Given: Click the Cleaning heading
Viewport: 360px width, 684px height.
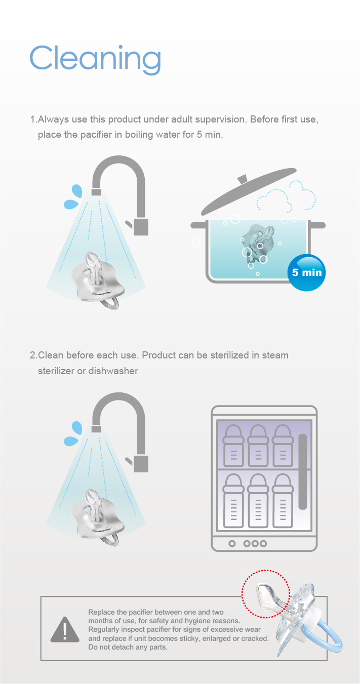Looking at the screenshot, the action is point(95,60).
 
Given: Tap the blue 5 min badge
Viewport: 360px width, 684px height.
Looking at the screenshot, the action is point(306,272).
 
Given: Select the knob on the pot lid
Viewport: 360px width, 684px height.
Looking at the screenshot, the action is point(243,179).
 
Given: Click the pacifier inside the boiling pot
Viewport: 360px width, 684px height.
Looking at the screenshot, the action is point(257,242).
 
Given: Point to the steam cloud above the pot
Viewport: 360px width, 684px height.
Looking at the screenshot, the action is point(286,196).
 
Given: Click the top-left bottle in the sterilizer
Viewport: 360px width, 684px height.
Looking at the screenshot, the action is point(233,446).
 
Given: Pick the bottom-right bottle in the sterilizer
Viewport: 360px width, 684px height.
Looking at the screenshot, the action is point(283,501).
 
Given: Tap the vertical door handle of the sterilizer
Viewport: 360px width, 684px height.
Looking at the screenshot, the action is point(302,472).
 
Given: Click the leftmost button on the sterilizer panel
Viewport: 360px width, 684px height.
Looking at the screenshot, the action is point(232,544).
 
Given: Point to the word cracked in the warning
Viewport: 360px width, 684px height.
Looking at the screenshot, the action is point(255,638).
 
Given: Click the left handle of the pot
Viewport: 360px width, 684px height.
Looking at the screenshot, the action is point(198,225).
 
